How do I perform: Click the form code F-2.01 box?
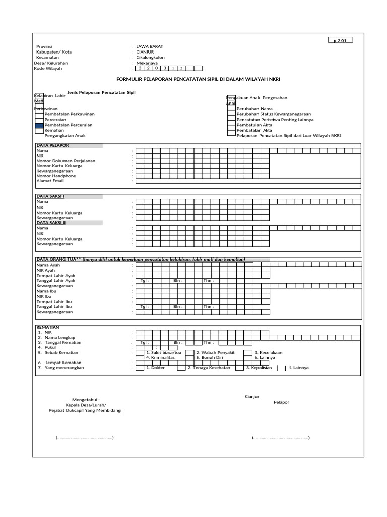point(342,40)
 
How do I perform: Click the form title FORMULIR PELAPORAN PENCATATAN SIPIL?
point(198,79)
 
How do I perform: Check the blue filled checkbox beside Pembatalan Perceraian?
point(39,125)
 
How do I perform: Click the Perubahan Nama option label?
point(254,109)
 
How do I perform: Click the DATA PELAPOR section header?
point(52,146)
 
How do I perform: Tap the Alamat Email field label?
point(50,180)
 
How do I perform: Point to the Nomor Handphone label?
point(56,175)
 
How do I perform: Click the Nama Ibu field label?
point(47,291)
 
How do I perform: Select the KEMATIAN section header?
point(48,327)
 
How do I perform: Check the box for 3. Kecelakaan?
point(248,353)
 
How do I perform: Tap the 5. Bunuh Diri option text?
point(210,358)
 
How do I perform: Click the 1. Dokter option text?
point(155,368)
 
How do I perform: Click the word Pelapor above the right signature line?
point(281,402)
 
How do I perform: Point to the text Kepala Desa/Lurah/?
point(85,405)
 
